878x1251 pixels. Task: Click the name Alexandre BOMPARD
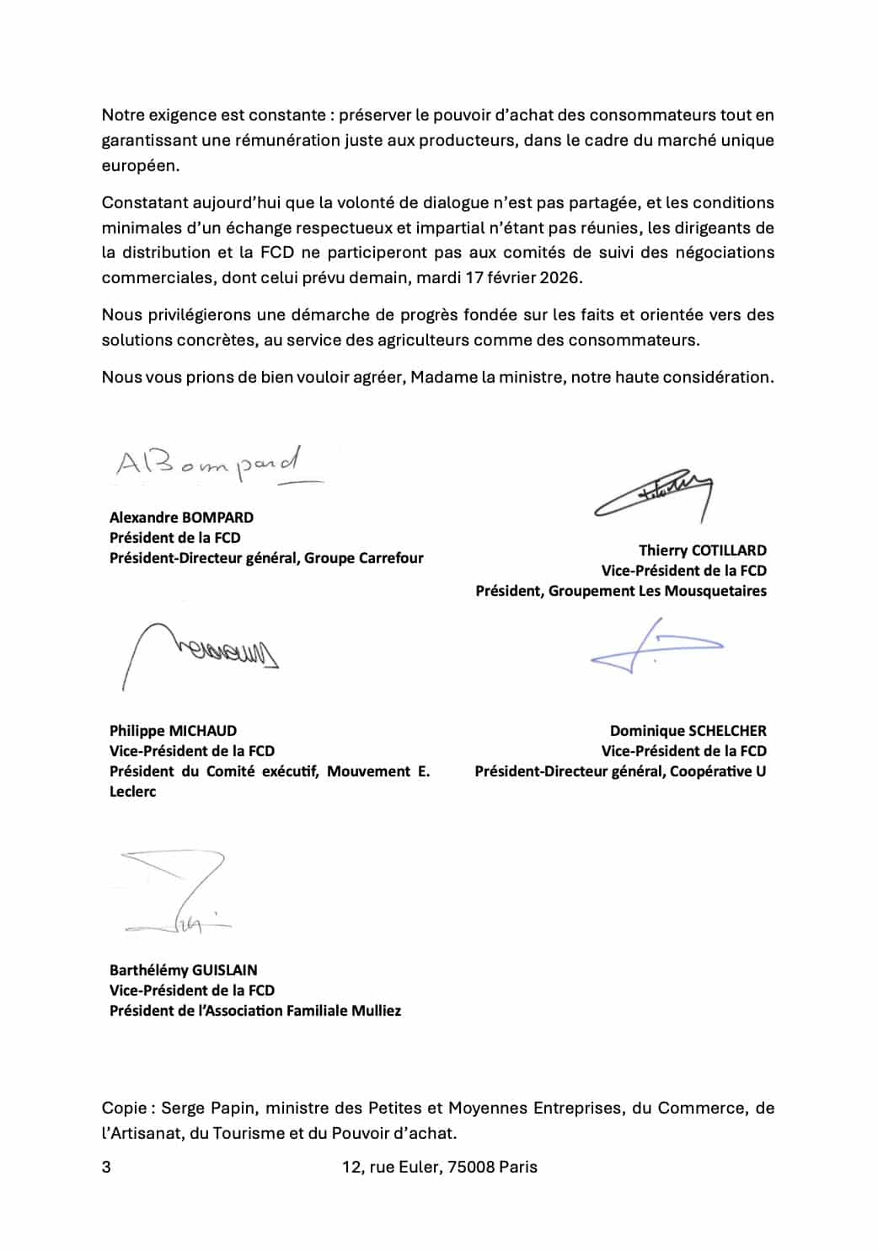181,518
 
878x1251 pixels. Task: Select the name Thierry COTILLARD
702,550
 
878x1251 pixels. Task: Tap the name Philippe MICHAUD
173,731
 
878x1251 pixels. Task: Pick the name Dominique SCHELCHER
688,731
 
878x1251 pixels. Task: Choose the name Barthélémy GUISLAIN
183,970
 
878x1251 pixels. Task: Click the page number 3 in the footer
106,1168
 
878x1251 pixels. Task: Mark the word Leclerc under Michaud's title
132,792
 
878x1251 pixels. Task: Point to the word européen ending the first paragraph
140,166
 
